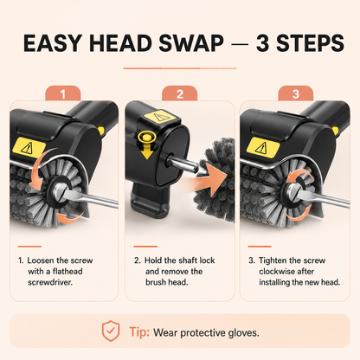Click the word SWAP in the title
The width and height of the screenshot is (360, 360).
pyautogui.click(x=191, y=43)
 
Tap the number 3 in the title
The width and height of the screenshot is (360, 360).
pyautogui.click(x=262, y=43)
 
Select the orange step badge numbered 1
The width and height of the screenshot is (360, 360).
pyautogui.click(x=63, y=93)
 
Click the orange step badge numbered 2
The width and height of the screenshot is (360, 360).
pyautogui.click(x=180, y=93)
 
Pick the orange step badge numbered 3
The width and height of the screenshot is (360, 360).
pyautogui.click(x=296, y=93)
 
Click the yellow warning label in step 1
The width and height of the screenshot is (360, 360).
pyautogui.click(x=29, y=147)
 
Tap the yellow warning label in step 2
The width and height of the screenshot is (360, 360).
pyautogui.click(x=159, y=117)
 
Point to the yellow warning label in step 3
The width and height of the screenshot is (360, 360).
pyautogui.click(x=263, y=146)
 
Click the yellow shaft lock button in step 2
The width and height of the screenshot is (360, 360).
pyautogui.click(x=146, y=137)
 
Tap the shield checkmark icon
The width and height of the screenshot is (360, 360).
pyautogui.click(x=111, y=331)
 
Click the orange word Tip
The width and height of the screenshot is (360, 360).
pyautogui.click(x=139, y=331)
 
